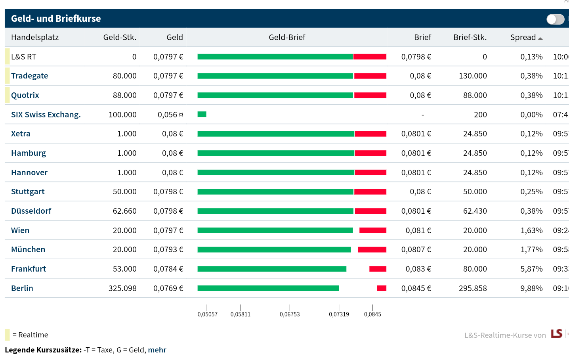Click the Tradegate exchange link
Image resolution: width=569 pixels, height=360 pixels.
pos(29,76)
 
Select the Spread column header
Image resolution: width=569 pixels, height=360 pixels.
pos(523,37)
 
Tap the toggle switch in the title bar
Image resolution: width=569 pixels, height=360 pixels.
pos(555,19)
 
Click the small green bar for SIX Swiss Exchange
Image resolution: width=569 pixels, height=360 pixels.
pos(202,114)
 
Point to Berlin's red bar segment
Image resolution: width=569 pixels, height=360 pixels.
pos(381,288)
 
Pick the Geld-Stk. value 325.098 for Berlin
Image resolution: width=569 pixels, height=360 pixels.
pos(122,288)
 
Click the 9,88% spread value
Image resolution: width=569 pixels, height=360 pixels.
pos(531,288)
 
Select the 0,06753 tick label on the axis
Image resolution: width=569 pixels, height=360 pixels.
pos(290,314)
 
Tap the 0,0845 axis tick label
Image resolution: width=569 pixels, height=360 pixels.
pos(372,314)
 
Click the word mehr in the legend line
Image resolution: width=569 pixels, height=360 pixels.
pos(157,350)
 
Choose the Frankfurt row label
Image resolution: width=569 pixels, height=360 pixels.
pos(29,269)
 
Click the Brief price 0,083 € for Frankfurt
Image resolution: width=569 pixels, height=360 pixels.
pos(418,269)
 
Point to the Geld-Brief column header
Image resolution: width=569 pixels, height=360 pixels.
pos(287,37)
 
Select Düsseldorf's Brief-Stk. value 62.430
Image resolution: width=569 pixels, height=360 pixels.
pos(475,211)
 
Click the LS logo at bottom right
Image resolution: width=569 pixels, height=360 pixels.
pos(556,333)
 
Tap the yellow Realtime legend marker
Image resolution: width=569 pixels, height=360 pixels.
pos(7,335)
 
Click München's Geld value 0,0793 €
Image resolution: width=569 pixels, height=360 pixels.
pos(168,249)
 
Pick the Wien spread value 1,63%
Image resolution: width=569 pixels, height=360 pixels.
pos(531,230)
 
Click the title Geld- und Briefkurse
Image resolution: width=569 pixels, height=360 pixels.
pos(56,19)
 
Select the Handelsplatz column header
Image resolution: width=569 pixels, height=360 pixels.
pos(35,37)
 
